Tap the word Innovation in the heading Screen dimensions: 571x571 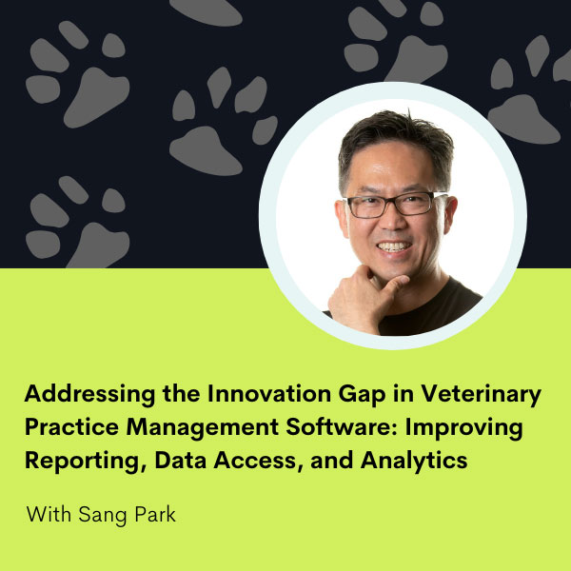[269, 393]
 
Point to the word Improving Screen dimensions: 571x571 [464, 428]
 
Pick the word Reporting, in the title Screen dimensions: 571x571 [87, 462]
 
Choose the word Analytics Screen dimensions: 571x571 [414, 462]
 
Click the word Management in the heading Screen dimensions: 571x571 [203, 428]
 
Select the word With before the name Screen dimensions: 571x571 [49, 514]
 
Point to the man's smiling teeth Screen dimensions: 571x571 [394, 246]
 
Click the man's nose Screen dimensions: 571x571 [391, 221]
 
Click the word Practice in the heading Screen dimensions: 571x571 [71, 426]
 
